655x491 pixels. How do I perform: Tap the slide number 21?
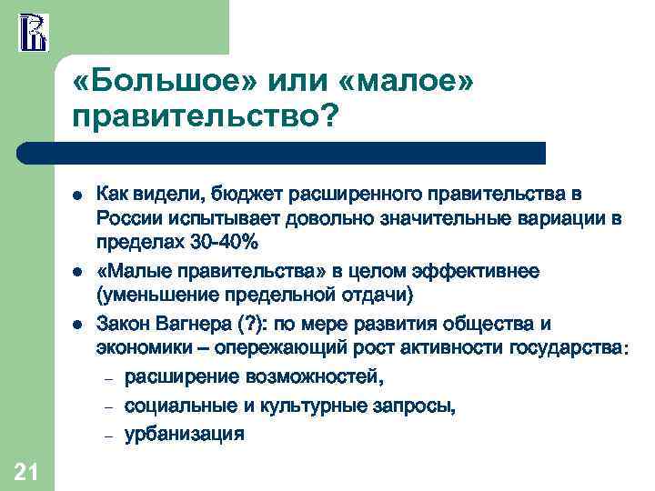[x=26, y=469]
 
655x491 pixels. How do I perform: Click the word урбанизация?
[x=184, y=434]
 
